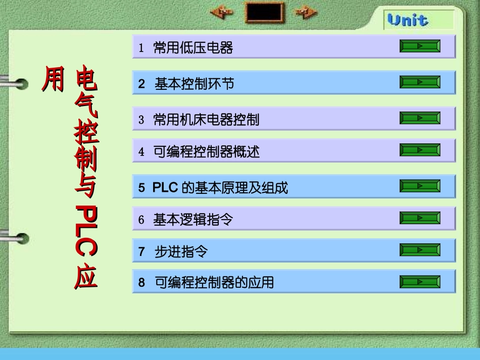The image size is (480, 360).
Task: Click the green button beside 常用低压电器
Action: pos(420,46)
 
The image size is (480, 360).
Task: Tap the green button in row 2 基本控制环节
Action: pos(420,82)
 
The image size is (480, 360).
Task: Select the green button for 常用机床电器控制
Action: pos(420,118)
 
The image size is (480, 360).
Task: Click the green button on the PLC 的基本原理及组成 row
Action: pos(420,186)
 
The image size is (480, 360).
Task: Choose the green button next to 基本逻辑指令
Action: pos(420,218)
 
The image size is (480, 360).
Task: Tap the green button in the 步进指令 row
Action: pos(420,250)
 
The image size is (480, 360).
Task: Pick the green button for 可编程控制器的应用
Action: pos(420,281)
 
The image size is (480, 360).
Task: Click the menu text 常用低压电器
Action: pos(193,48)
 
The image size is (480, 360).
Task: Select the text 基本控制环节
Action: pos(195,84)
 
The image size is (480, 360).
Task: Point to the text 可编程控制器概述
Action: pos(206,151)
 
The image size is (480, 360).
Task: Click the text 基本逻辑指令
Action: pos(193,220)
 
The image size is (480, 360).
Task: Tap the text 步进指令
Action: pos(181,251)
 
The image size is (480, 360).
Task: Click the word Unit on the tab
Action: pos(408,21)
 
